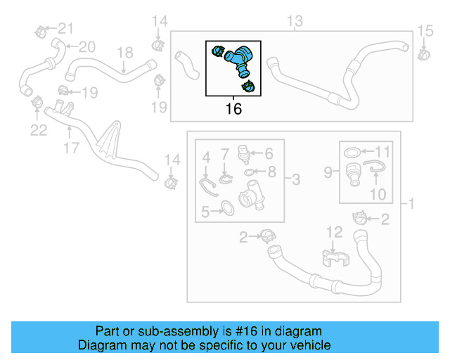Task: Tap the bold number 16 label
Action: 233,109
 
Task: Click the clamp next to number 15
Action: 425,53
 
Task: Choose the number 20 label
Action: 86,47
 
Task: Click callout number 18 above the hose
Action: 124,53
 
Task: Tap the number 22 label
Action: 38,130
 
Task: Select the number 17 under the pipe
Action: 70,149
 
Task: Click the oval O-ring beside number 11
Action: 354,151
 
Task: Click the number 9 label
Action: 328,171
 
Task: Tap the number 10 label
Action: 378,193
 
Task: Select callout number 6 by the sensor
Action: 268,152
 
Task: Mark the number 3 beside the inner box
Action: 295,181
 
